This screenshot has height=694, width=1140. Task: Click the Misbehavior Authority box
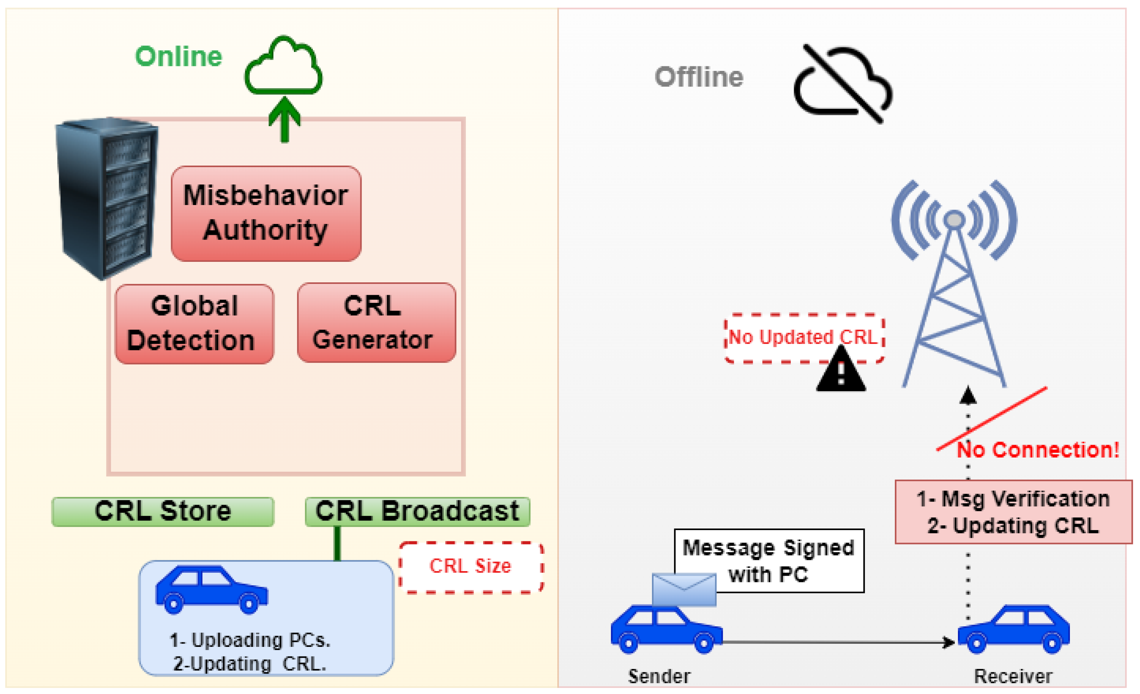tap(266, 213)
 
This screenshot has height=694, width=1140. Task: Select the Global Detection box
tap(194, 324)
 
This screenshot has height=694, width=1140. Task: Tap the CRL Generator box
tap(376, 323)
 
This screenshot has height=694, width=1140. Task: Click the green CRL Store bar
tap(163, 512)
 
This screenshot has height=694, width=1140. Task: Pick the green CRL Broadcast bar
tap(417, 512)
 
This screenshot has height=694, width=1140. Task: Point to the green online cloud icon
tap(283, 67)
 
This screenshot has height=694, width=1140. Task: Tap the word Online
tap(178, 56)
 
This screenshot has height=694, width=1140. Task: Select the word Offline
tap(699, 77)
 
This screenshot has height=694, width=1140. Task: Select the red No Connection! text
tap(1038, 450)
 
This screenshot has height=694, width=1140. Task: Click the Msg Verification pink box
tap(1013, 512)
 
